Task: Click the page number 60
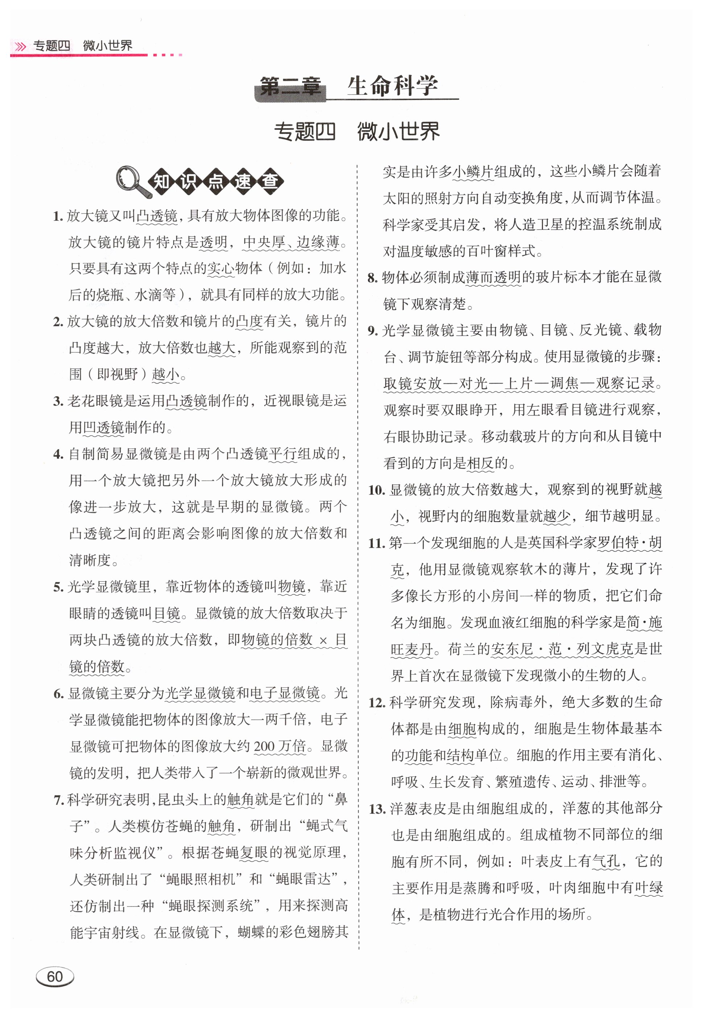pyautogui.click(x=55, y=977)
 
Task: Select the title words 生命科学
pyautogui.click(x=392, y=86)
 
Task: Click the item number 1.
pyautogui.click(x=58, y=216)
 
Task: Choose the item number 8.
pyautogui.click(x=373, y=278)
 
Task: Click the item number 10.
pyautogui.click(x=377, y=490)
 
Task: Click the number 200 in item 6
pyautogui.click(x=264, y=746)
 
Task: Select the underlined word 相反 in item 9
pyautogui.click(x=480, y=463)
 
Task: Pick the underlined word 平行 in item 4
pyautogui.click(x=283, y=454)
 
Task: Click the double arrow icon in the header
pyautogui.click(x=20, y=46)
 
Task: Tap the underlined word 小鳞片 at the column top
pyautogui.click(x=473, y=171)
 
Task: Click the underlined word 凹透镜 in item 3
pyautogui.click(x=103, y=427)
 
